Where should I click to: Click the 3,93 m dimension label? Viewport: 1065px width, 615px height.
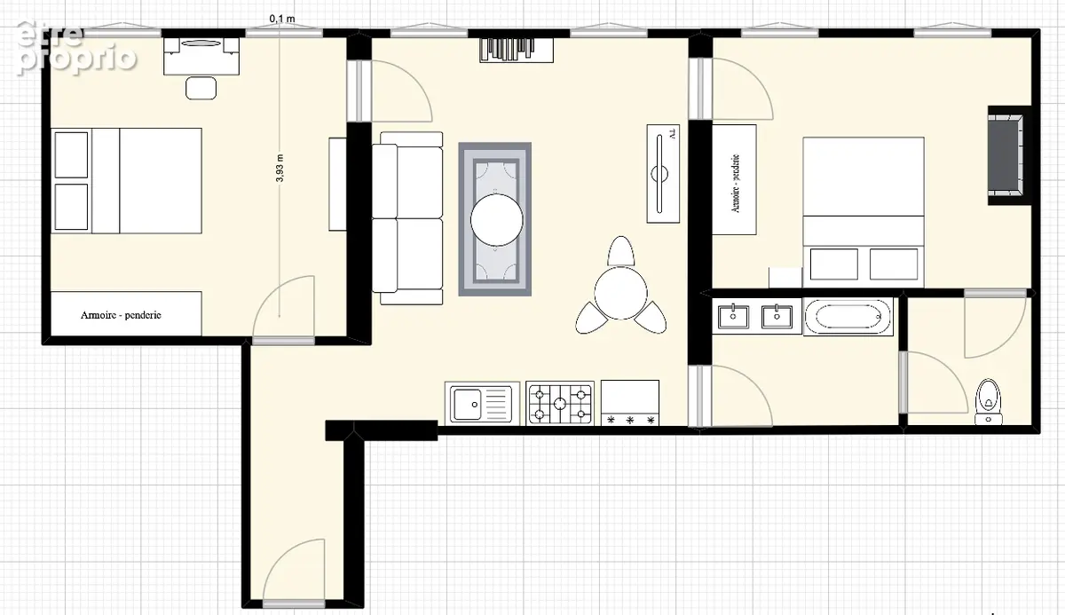pos(280,169)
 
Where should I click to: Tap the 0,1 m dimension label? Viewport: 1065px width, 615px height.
pos(282,19)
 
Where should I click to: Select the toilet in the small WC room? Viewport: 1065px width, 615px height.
pos(989,402)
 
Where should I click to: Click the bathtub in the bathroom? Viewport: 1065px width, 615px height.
pos(848,317)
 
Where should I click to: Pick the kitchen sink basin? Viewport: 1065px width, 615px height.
pos(467,405)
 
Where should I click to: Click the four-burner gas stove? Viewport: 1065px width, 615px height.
pos(560,404)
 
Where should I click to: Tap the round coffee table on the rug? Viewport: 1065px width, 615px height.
pos(497,219)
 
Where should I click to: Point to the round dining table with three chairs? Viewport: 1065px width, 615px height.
pos(620,293)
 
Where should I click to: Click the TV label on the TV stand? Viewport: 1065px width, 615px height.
pos(672,133)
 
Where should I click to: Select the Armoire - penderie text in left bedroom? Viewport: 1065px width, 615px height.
pos(121,315)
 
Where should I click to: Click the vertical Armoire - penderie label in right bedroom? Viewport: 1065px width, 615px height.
pos(735,184)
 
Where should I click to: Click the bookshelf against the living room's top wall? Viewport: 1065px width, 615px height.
pos(517,51)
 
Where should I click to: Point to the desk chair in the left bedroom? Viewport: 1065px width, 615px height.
pos(201,88)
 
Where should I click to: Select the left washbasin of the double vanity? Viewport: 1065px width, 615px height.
pos(733,317)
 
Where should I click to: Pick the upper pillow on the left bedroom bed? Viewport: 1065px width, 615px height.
pos(71,155)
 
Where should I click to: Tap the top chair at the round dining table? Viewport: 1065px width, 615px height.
pos(621,251)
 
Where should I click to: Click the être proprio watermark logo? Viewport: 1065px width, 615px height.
pos(76,48)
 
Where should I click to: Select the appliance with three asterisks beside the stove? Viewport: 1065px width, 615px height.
pos(630,403)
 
